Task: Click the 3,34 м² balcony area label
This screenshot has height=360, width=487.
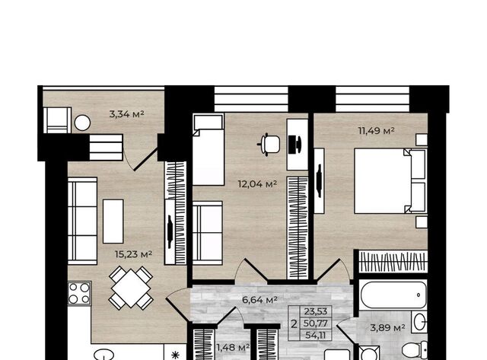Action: (127, 114)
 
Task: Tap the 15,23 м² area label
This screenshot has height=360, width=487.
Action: (134, 254)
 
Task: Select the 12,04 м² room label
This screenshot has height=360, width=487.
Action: (257, 184)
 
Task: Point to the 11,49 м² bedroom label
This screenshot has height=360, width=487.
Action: (377, 130)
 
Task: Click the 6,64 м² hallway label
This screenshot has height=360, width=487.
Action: (259, 300)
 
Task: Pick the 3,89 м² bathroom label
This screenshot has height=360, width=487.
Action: (387, 327)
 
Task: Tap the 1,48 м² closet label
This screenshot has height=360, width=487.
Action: (233, 347)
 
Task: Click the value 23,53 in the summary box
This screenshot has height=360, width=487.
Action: (316, 311)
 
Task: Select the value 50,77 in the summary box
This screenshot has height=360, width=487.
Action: (316, 323)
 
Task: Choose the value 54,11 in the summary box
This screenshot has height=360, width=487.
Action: (316, 335)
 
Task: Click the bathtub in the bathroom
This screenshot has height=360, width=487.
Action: (393, 295)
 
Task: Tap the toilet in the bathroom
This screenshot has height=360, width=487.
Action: (415, 350)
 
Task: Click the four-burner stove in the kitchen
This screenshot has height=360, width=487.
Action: (79, 293)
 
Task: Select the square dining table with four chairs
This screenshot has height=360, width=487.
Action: (131, 288)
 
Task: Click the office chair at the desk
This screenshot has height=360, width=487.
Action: (269, 145)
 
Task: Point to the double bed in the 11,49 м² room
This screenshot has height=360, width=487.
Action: (390, 181)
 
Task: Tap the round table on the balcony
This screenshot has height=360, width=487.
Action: (82, 123)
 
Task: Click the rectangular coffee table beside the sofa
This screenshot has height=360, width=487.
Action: (113, 221)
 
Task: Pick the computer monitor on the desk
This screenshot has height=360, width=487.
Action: (294, 145)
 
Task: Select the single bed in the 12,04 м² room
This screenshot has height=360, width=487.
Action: (208, 149)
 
